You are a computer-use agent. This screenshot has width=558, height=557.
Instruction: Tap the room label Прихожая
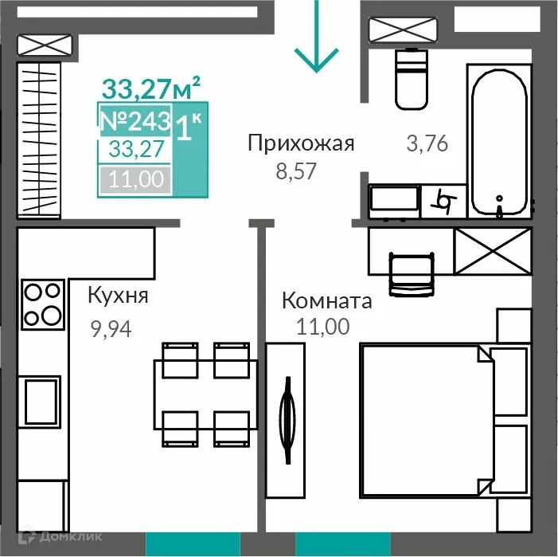pos(300,143)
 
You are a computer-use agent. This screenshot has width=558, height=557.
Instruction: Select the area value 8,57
pos(291,171)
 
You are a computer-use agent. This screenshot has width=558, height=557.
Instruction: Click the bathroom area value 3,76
pos(427,144)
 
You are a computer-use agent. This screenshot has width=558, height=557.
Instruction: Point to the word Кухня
pos(118,296)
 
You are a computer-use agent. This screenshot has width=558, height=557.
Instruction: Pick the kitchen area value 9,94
pos(111,328)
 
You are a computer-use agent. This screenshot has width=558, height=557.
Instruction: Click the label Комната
pos(327,301)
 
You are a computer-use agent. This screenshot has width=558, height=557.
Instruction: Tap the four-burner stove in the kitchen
pos(43,304)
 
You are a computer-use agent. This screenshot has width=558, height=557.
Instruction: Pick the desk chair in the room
pos(411,272)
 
